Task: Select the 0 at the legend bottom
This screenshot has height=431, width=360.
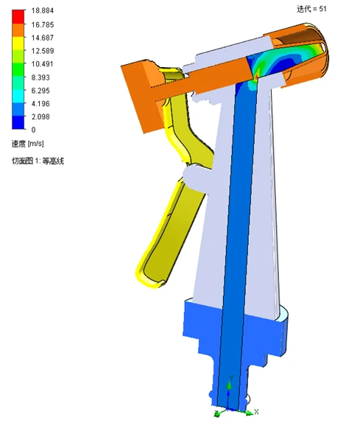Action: (x=32, y=130)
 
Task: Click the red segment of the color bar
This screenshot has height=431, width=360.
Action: (x=18, y=14)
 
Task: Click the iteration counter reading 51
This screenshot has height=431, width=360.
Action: (x=311, y=9)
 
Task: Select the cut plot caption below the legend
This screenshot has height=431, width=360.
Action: (x=37, y=161)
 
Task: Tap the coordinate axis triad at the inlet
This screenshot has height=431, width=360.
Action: (x=232, y=402)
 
